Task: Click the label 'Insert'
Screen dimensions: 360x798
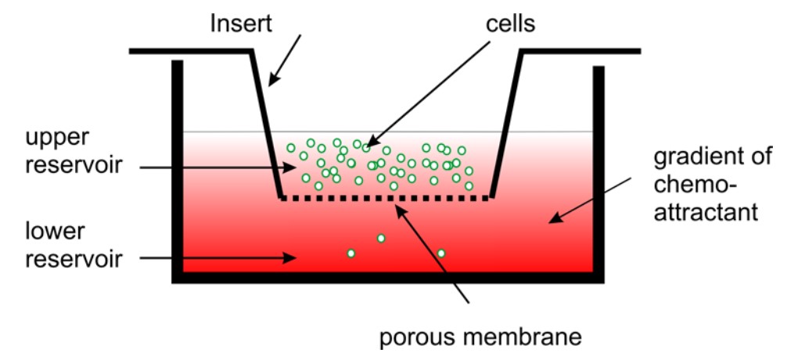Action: (241, 23)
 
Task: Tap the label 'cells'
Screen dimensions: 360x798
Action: (509, 23)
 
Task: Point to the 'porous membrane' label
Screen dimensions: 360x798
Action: (481, 338)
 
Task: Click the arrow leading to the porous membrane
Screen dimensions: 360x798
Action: (434, 254)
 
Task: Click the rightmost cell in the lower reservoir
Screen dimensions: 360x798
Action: (441, 253)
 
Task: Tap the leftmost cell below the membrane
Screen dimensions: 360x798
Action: (350, 253)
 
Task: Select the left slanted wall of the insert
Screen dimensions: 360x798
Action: (268, 125)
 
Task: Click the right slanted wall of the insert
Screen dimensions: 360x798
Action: (505, 125)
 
